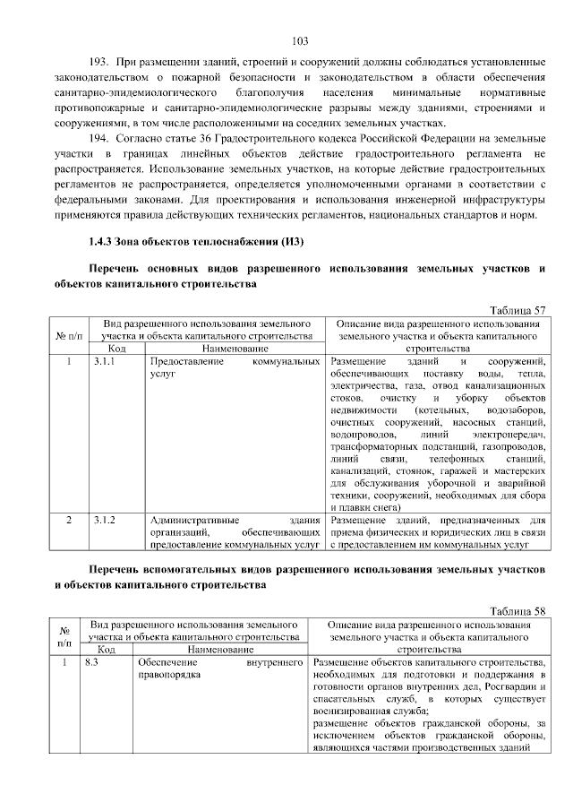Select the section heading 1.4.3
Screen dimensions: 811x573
tap(105, 241)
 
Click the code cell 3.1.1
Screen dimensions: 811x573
tap(104, 360)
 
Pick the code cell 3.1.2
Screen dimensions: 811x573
tap(104, 519)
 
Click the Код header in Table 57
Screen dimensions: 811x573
tap(116, 348)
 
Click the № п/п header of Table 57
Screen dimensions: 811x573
tap(69, 335)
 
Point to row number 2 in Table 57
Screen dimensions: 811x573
tap(69, 519)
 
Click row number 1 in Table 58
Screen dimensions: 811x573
tap(64, 662)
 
